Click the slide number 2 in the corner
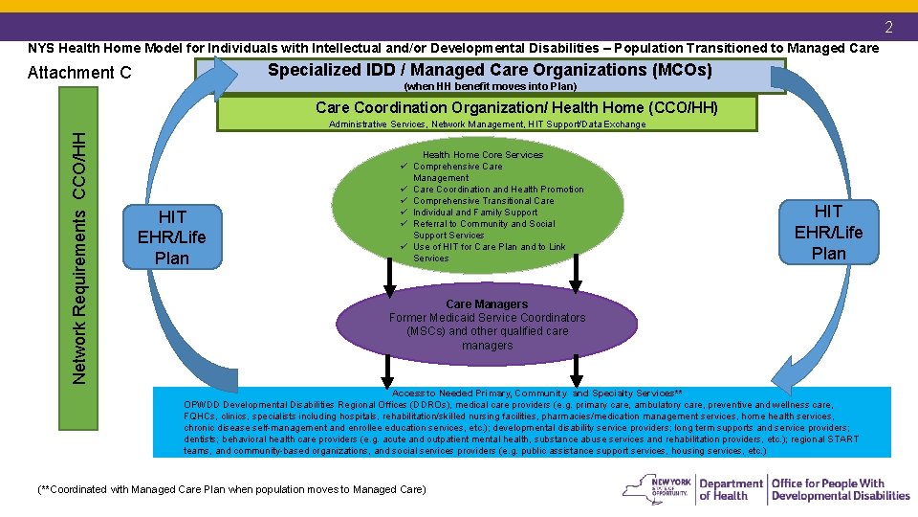point(888,27)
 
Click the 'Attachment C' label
point(80,73)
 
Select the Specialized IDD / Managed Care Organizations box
point(490,71)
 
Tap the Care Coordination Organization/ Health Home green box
point(516,107)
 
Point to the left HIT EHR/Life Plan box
point(173,237)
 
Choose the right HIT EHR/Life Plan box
point(828,232)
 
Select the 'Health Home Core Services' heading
point(483,155)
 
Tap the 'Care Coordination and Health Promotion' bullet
point(497,190)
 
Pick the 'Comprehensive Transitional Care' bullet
point(483,201)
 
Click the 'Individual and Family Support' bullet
point(474,213)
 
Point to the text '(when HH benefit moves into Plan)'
point(491,86)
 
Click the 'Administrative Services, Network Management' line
point(487,124)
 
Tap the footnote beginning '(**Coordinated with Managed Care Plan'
point(230,489)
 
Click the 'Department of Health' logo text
point(731,489)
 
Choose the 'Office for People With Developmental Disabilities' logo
point(841,489)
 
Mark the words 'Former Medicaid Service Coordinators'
point(487,318)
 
